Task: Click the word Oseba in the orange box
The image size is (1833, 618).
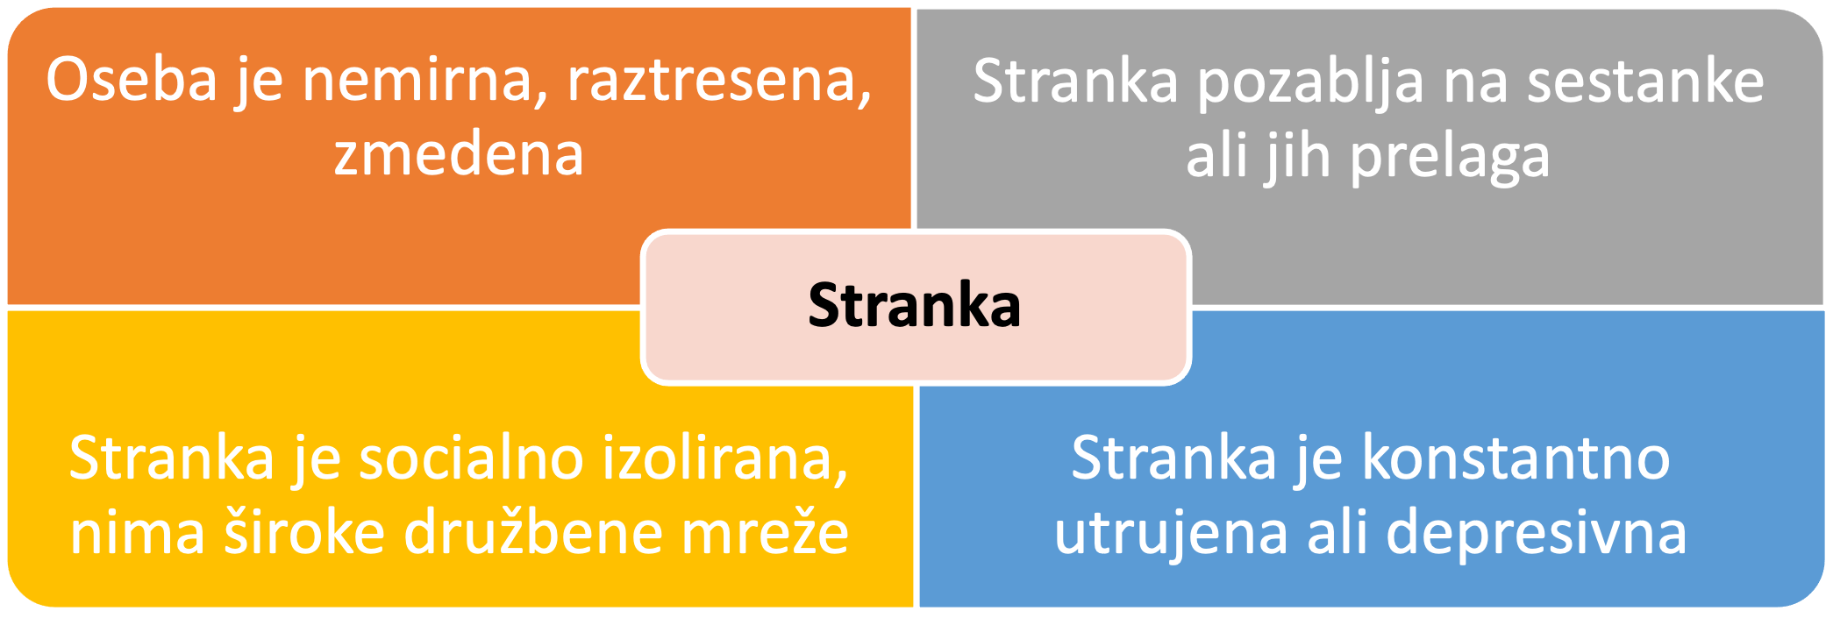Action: pos(132,79)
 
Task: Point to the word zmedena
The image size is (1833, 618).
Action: pos(459,154)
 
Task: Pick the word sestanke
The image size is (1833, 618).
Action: pos(1645,82)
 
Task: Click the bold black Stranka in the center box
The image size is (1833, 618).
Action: pos(915,305)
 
